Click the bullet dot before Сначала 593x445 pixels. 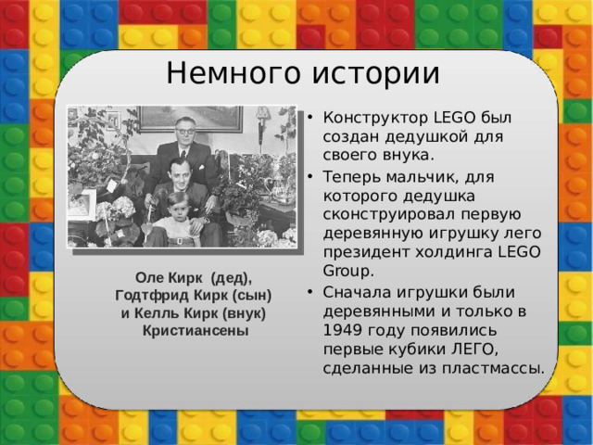[312, 291]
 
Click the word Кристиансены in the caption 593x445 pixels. [193, 330]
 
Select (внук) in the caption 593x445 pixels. [242, 312]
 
